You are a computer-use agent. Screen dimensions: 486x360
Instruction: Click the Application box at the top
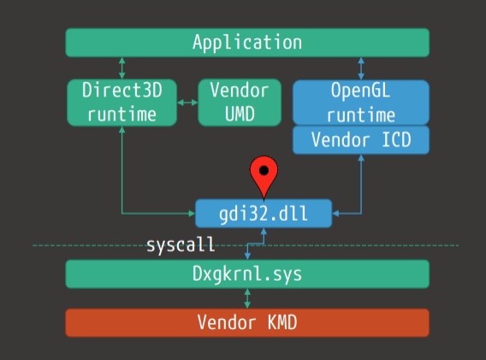247,43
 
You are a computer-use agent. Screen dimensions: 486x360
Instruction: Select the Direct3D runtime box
122,103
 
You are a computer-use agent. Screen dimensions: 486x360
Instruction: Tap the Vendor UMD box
240,103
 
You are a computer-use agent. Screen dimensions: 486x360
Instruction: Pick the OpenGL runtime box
361,103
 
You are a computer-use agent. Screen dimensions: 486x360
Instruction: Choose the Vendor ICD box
361,139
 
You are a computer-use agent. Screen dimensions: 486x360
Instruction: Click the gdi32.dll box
264,214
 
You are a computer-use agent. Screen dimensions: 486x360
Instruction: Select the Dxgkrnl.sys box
247,274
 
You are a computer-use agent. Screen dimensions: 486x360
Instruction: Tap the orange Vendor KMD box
247,322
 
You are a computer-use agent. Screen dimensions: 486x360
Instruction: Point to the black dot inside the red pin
264,170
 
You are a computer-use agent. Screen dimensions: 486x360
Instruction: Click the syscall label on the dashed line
181,245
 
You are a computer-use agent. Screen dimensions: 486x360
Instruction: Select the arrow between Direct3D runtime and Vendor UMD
187,103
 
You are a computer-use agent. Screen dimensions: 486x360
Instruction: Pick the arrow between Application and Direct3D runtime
122,68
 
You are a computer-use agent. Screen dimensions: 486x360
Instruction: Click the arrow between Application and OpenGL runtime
361,68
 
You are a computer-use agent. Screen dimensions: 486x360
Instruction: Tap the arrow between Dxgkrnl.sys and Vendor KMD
247,298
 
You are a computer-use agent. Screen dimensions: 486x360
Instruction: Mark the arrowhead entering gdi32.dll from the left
192,214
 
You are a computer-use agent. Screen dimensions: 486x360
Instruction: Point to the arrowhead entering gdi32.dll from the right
335,214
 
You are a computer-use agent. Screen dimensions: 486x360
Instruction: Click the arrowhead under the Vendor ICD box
361,157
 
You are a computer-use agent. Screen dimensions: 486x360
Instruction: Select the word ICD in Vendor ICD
396,139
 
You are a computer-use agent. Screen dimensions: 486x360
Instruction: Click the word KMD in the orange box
282,322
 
